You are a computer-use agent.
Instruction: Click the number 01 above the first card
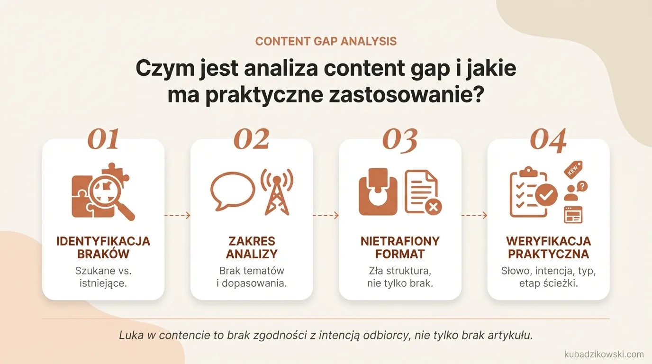[103, 139]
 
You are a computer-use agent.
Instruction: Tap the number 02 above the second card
[252, 139]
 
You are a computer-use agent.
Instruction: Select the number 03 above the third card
[400, 140]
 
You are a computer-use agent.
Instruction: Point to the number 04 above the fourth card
[548, 140]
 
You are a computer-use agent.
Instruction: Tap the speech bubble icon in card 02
[229, 190]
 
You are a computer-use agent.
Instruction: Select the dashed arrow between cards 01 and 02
[178, 215]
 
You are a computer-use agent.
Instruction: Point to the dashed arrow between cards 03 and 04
[474, 215]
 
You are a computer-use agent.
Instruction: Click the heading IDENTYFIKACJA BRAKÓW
[103, 247]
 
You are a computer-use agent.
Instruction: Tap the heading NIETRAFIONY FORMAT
[400, 247]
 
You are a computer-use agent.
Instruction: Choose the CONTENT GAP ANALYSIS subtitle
[326, 41]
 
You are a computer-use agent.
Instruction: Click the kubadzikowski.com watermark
[604, 354]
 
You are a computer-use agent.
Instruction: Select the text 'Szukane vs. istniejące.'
[103, 277]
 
